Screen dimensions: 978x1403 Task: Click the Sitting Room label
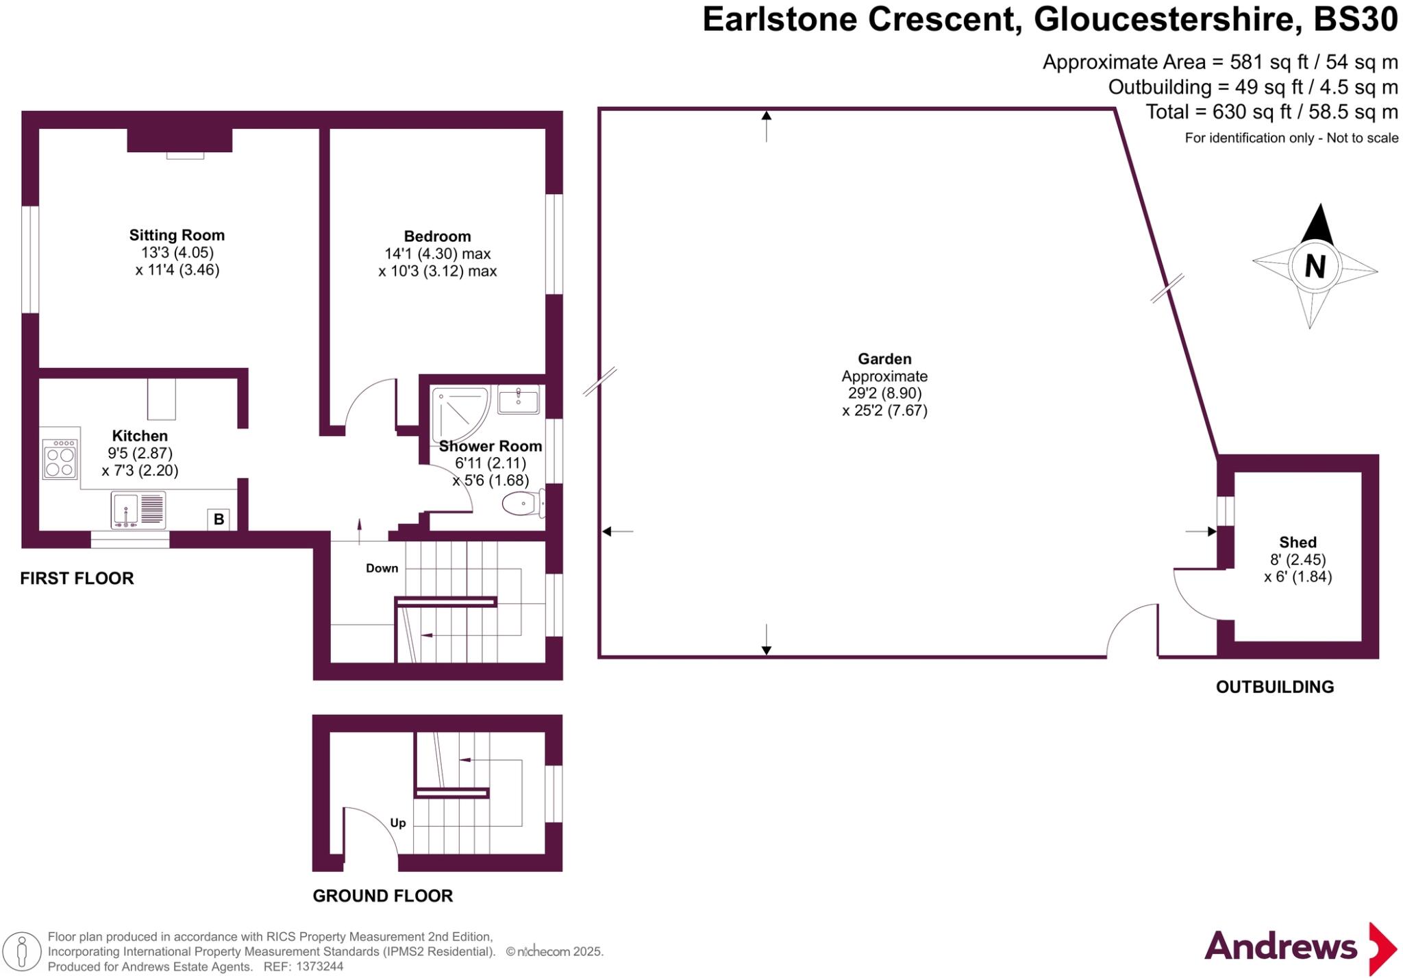pos(177,235)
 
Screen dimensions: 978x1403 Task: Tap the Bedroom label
pos(437,236)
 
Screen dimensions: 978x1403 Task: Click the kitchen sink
pos(138,510)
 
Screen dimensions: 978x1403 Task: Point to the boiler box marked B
pos(219,519)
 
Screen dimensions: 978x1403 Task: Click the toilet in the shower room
pos(522,505)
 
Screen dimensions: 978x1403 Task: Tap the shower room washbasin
pos(518,400)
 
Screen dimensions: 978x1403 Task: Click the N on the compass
pos(1315,267)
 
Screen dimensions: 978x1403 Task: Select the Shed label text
pos(1298,542)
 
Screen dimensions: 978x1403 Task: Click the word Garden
pos(884,358)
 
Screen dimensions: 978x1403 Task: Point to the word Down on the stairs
pos(382,568)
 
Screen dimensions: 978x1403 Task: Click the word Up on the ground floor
pos(397,823)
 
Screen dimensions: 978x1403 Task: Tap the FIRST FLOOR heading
pos(77,578)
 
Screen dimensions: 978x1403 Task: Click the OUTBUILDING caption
pos(1274,687)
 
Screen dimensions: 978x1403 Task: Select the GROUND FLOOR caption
pos(382,896)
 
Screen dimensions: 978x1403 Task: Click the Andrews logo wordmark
pos(1280,946)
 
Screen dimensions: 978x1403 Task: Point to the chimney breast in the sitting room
pos(179,140)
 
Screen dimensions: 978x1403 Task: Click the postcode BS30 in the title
pos(1354,19)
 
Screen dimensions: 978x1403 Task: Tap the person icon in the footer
pos(22,951)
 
